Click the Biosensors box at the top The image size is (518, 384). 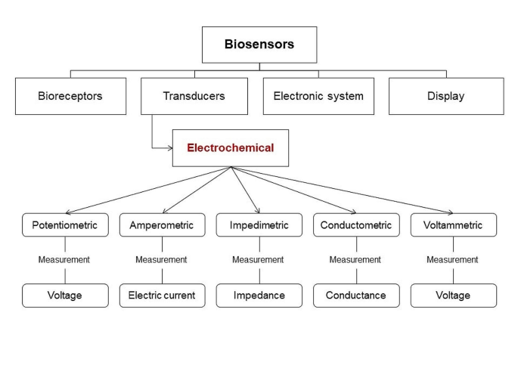(x=259, y=45)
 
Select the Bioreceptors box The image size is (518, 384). (x=70, y=96)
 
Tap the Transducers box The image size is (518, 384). (x=194, y=96)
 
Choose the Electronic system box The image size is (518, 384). (x=318, y=96)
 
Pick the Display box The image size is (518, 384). (x=445, y=96)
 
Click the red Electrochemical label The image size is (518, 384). (x=231, y=148)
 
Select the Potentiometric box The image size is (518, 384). (x=65, y=225)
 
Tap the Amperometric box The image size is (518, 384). (x=162, y=225)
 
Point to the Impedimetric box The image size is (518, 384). (x=259, y=225)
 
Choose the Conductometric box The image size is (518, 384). (x=356, y=225)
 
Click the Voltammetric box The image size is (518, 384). (x=453, y=225)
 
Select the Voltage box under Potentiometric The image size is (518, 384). (x=65, y=296)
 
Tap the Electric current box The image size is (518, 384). (x=162, y=296)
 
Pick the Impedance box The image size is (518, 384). (x=259, y=296)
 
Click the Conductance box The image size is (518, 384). (x=356, y=296)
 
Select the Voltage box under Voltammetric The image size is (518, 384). (x=453, y=296)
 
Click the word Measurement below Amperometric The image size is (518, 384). (x=162, y=260)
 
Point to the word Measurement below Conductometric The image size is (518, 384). (x=356, y=260)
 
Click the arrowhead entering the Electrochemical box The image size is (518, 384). (x=169, y=148)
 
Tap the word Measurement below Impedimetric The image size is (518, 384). (x=259, y=260)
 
